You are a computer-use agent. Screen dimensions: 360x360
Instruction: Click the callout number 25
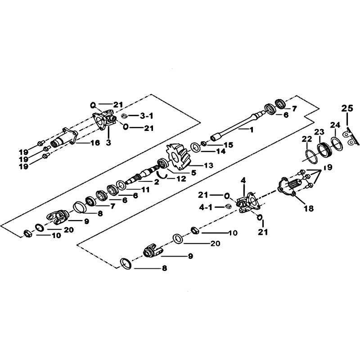coord(347,108)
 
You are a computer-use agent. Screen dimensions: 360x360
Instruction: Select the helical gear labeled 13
coord(180,157)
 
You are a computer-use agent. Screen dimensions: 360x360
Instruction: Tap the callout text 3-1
coord(146,116)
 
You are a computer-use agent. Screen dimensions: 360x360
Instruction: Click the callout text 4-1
coord(206,207)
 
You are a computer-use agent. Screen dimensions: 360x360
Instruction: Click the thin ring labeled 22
coord(312,156)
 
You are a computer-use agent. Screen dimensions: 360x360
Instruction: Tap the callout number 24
coord(335,126)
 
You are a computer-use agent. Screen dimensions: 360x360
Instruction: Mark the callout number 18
coord(309,208)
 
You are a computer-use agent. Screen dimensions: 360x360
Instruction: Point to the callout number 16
coord(95,143)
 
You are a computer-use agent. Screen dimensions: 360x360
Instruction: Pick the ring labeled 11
coord(121,185)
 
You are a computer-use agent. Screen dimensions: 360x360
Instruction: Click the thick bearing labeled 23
coord(325,150)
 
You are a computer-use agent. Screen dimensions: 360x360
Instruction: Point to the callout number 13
coord(209,165)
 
